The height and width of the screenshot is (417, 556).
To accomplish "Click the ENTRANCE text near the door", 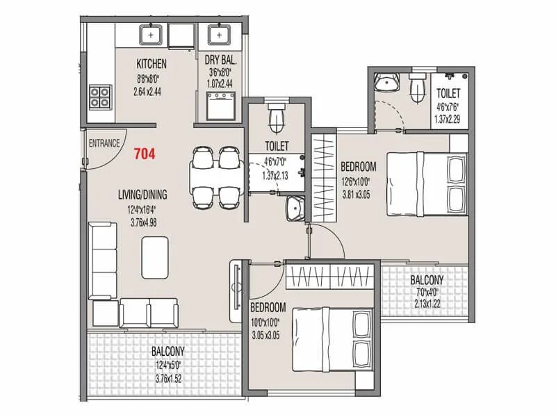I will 105,144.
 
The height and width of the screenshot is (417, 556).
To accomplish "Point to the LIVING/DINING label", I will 142,195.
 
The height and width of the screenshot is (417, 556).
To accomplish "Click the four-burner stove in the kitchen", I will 100,96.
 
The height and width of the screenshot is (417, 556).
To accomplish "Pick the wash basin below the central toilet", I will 295,207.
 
